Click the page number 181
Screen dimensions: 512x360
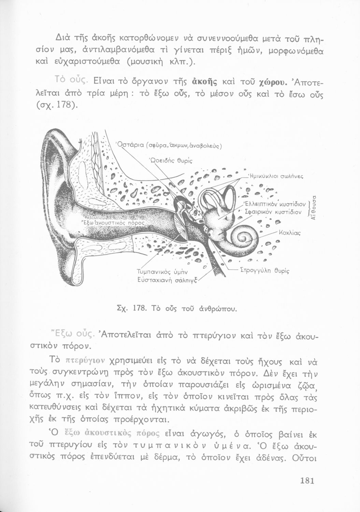click(307, 480)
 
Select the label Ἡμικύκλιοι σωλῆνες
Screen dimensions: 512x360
click(277, 176)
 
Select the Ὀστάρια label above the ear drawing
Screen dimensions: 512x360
click(131, 146)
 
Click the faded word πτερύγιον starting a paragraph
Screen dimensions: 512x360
click(85, 360)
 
